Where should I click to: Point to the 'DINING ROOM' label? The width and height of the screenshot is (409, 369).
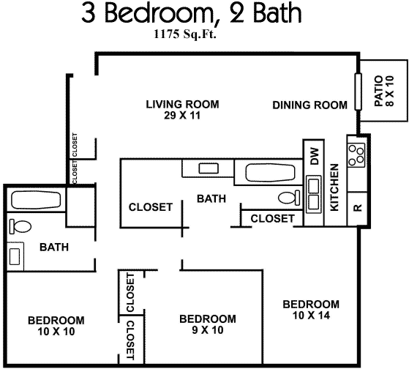[x=309, y=105]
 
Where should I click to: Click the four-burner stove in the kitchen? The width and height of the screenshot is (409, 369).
[x=356, y=154]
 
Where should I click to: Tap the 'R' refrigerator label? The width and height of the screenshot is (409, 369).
[x=357, y=207]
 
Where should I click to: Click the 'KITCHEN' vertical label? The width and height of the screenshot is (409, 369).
[x=334, y=187]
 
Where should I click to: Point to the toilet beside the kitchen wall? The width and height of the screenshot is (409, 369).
[x=290, y=197]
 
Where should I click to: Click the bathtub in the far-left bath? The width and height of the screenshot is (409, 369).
[x=36, y=201]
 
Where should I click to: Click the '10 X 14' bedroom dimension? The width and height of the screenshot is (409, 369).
[x=311, y=316]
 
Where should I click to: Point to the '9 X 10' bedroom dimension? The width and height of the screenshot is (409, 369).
[x=208, y=329]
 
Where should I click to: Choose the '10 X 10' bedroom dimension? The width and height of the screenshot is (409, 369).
[x=56, y=332]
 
